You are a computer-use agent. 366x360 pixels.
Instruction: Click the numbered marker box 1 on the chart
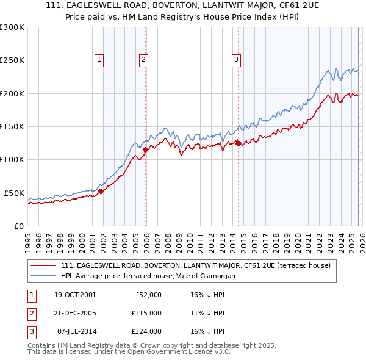click(x=99, y=59)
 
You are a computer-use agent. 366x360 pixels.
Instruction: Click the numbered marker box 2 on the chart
click(x=143, y=59)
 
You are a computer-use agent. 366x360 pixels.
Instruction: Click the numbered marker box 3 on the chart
click(x=236, y=59)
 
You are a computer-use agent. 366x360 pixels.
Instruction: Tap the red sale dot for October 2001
click(x=101, y=191)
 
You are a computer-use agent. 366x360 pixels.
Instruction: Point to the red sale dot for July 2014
click(x=238, y=144)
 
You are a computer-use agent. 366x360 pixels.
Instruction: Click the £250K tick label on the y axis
click(x=12, y=60)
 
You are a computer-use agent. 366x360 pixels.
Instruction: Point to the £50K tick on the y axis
click(x=14, y=193)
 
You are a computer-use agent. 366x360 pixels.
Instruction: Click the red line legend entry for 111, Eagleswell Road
click(x=195, y=265)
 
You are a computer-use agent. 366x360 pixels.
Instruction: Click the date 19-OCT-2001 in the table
click(x=75, y=295)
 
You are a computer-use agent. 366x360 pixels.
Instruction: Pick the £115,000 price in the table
click(x=146, y=313)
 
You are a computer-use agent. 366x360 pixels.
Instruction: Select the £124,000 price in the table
click(x=146, y=331)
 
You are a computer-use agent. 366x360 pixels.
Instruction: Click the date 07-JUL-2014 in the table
click(x=75, y=331)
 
